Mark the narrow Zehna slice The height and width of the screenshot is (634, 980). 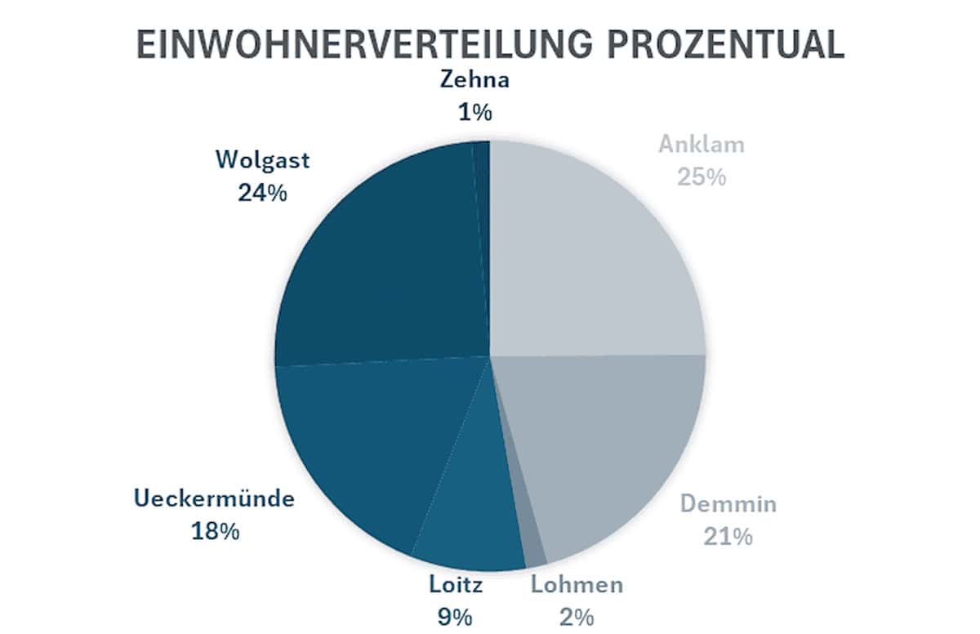click(x=482, y=163)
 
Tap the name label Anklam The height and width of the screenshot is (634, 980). click(x=702, y=145)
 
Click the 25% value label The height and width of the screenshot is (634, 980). click(x=702, y=176)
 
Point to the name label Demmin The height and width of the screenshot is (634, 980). click(x=728, y=503)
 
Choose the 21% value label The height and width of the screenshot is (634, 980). click(x=728, y=537)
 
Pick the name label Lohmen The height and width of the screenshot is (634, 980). click(x=577, y=584)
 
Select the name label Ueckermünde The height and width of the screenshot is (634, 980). click(x=214, y=498)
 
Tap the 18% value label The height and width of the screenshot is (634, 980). click(x=214, y=530)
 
